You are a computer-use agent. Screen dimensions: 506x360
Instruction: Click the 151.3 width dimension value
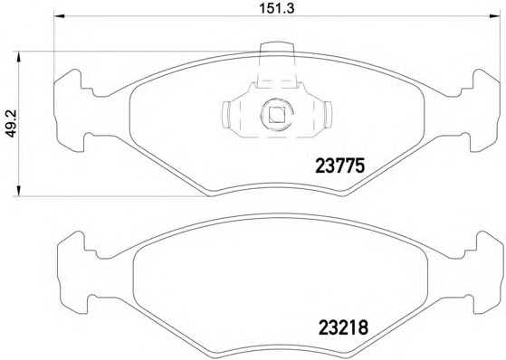[x=277, y=9]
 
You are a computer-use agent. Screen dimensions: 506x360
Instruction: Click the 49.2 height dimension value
[x=12, y=124]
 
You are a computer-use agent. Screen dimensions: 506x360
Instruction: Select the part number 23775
[x=339, y=166]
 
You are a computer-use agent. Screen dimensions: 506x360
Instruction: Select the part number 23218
[x=343, y=327]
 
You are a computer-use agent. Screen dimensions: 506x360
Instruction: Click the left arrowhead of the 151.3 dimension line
[x=60, y=15]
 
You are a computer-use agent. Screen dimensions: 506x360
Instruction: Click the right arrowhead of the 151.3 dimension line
[x=493, y=15]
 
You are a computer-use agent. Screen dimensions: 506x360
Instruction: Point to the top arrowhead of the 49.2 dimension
[x=18, y=57]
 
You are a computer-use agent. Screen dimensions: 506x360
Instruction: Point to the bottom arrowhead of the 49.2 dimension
[x=18, y=190]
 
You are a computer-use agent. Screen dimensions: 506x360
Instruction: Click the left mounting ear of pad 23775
[x=70, y=110]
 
